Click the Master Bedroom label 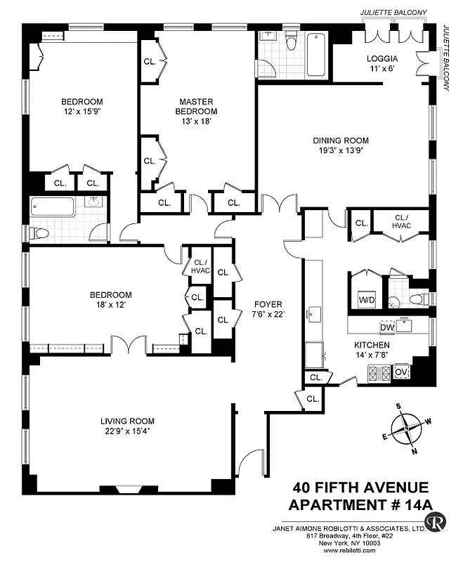tap(196, 107)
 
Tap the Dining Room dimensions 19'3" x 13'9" tap(341, 150)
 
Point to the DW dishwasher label tap(386, 327)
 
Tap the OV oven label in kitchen tap(402, 372)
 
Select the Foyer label tap(268, 304)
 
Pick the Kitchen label tap(372, 345)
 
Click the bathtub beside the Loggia tap(316, 54)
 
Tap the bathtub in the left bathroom tap(53, 207)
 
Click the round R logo tap(438, 522)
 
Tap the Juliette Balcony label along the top tap(393, 13)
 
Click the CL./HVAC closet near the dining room tap(402, 222)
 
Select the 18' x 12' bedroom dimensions tap(110, 305)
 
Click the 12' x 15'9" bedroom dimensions tap(81, 110)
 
